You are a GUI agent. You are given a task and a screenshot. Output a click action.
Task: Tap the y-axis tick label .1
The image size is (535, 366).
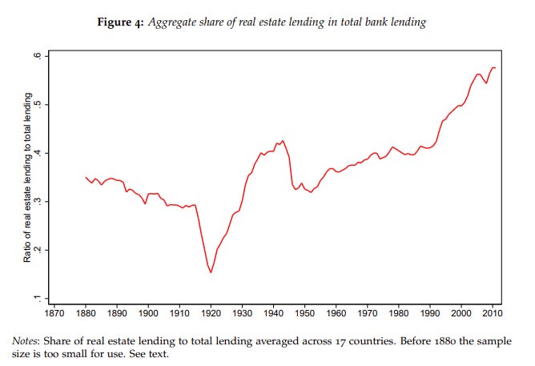click(38, 298)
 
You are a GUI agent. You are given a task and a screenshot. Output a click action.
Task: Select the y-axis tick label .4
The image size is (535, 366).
click(38, 153)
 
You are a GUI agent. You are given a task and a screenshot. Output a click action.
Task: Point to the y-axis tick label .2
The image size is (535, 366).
click(38, 250)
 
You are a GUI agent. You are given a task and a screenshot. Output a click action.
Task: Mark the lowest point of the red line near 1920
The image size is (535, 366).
click(211, 272)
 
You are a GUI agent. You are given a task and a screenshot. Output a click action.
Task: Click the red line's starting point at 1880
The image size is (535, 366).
click(86, 177)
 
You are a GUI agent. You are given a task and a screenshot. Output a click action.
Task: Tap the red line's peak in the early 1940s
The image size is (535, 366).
click(282, 141)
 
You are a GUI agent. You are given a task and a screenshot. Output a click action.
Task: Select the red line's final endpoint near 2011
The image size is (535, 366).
click(496, 68)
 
